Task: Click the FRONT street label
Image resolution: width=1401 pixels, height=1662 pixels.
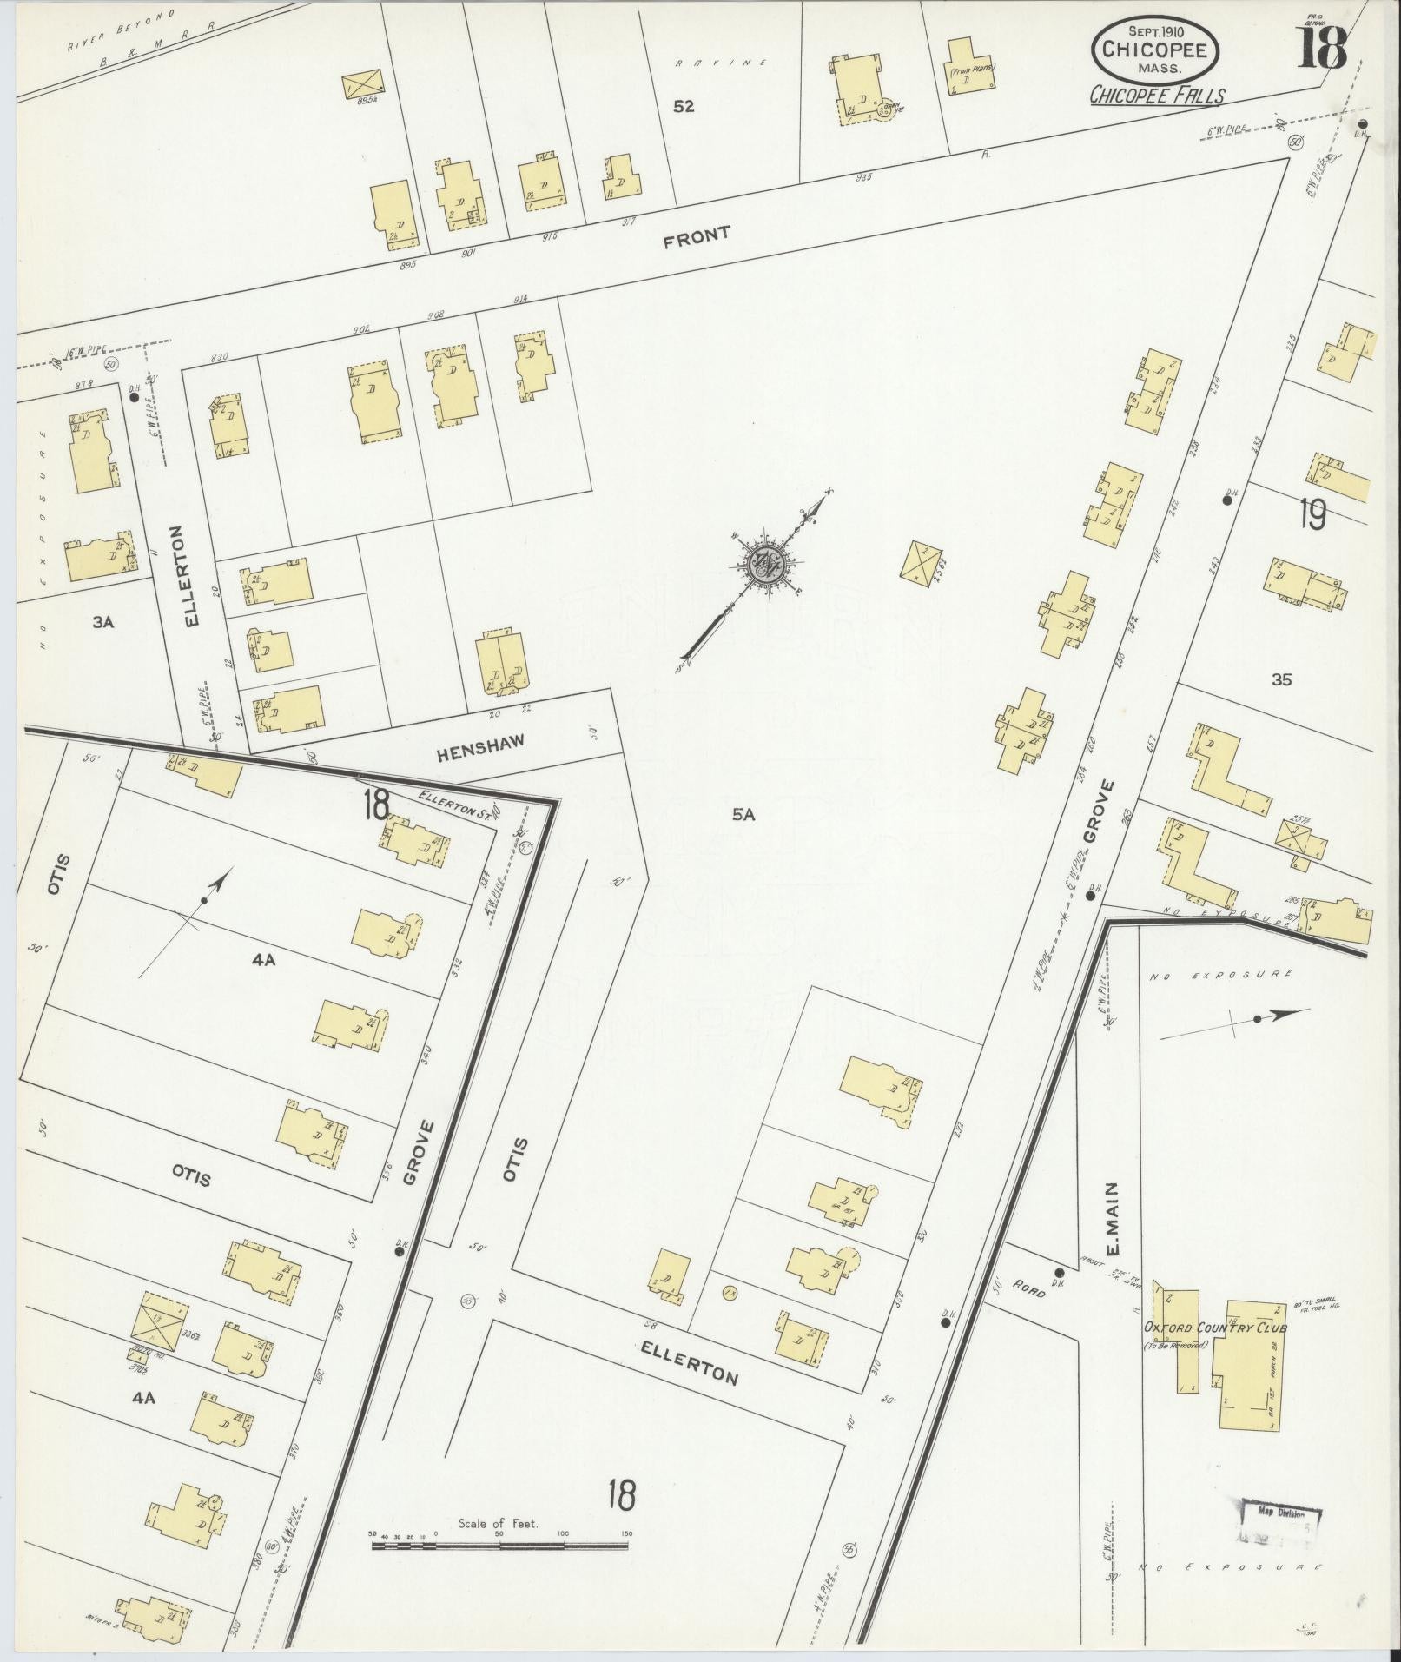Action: click(x=697, y=237)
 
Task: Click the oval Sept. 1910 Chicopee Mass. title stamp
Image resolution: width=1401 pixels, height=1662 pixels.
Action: click(x=1155, y=49)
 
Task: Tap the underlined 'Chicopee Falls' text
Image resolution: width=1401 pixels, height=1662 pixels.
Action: click(x=1157, y=96)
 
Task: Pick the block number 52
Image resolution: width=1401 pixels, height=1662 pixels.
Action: click(x=684, y=107)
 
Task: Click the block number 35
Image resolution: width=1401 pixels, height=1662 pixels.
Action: click(x=1281, y=679)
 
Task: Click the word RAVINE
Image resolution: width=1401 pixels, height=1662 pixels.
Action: click(x=723, y=63)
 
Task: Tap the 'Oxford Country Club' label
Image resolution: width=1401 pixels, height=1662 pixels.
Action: click(x=1214, y=1328)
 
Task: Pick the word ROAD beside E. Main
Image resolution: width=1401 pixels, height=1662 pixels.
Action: click(x=1027, y=1291)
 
